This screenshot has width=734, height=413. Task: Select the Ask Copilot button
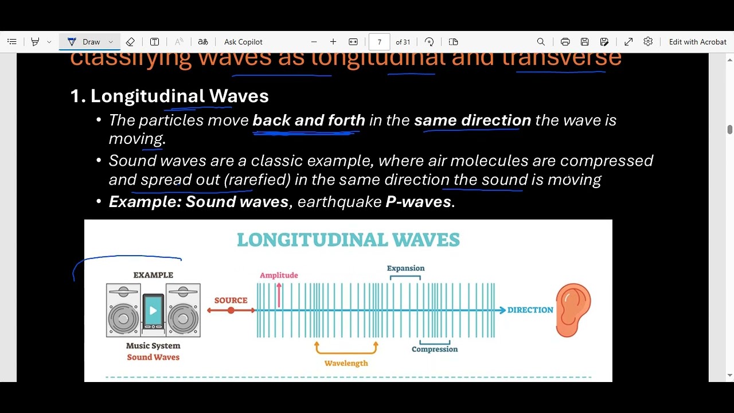[x=243, y=42]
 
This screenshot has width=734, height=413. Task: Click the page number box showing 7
[x=379, y=42]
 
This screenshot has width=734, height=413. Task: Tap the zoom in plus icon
[x=333, y=42]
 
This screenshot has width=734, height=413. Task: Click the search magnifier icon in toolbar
[x=541, y=42]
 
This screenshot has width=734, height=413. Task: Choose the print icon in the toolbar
[x=565, y=42]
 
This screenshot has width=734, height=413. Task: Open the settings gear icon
[x=648, y=42]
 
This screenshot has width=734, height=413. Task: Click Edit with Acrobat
[x=697, y=42]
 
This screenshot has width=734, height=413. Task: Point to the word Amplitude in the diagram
[x=279, y=275]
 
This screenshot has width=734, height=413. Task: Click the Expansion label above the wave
[x=405, y=268]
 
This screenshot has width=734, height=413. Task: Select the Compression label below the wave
[x=435, y=349]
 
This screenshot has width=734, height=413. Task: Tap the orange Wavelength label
[x=346, y=363]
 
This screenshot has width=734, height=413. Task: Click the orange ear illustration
[x=573, y=311]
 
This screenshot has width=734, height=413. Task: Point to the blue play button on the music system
[x=153, y=310]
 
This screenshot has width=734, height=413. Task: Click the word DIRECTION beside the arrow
[x=530, y=310]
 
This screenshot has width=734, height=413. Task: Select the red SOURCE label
[x=231, y=300]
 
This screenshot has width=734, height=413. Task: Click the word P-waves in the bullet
[x=419, y=201]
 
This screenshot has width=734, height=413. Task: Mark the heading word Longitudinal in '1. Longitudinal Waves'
[x=147, y=96]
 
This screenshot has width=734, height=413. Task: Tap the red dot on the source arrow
[x=231, y=310]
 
